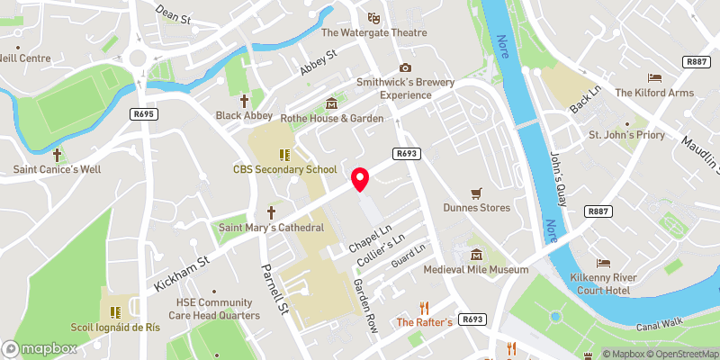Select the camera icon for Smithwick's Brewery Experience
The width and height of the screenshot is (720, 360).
405,67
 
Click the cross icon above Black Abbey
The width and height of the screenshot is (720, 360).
244,101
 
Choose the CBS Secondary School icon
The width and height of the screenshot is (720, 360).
284,155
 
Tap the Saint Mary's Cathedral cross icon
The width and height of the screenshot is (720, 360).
270,212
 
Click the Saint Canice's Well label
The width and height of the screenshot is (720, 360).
57,169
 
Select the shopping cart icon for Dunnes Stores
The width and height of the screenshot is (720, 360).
476,193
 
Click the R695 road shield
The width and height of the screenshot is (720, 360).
143,114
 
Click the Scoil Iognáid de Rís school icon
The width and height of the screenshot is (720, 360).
114,312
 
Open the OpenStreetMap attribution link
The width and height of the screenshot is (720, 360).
677,354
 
